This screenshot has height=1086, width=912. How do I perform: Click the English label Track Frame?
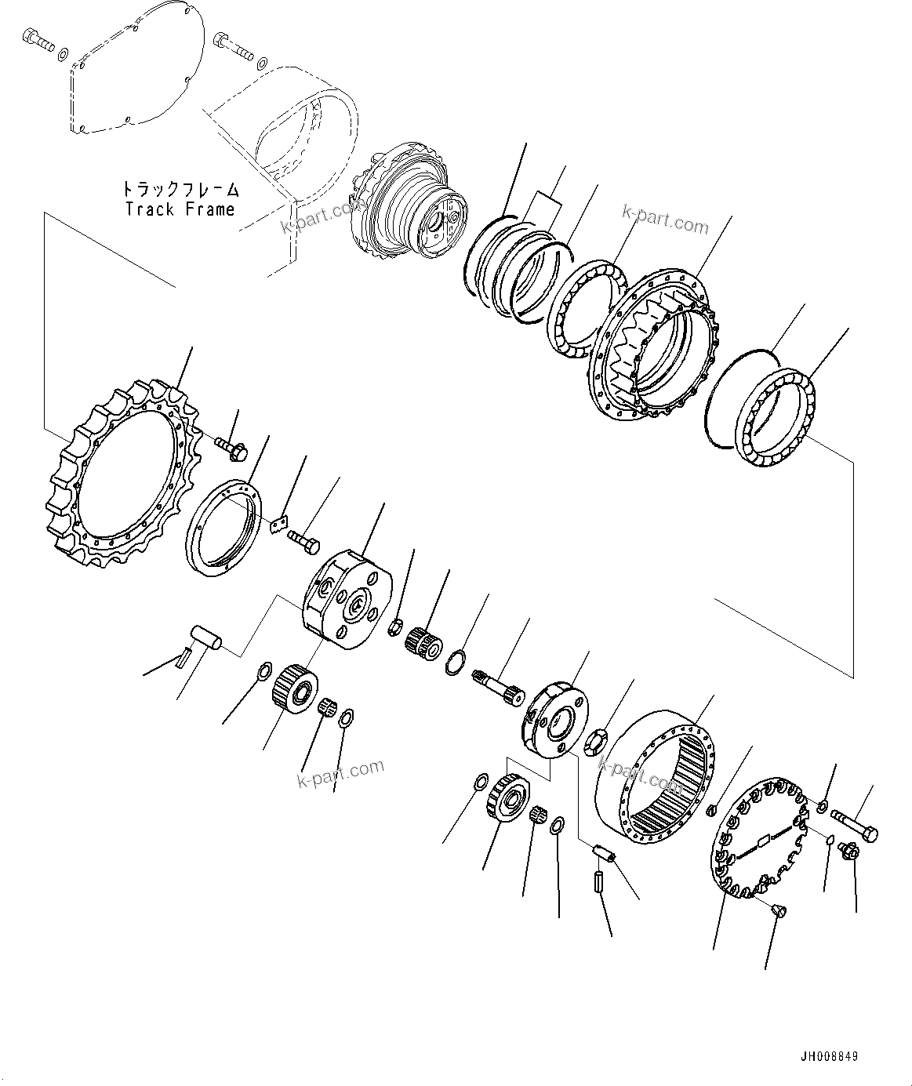pyautogui.click(x=180, y=209)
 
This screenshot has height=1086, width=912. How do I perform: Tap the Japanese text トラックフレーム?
pyautogui.click(x=180, y=190)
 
